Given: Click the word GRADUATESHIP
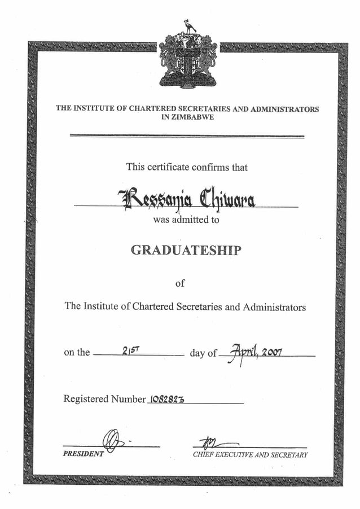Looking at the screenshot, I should coord(185,250).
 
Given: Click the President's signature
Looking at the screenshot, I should coord(113,440).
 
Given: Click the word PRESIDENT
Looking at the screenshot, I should coord(84,454).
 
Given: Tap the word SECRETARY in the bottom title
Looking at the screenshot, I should coord(289,455).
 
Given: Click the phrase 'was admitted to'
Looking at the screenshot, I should coord(186,220).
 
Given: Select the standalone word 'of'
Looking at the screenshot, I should coord(179,283).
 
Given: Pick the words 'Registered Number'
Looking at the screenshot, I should coord(104,399).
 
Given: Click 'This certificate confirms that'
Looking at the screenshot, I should coord(187,167).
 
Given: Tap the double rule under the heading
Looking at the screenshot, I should coord(187,136).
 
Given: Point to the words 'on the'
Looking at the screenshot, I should coord(77,353).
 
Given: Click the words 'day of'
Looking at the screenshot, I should coord(203,353).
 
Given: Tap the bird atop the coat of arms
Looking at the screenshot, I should coord(189,27).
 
